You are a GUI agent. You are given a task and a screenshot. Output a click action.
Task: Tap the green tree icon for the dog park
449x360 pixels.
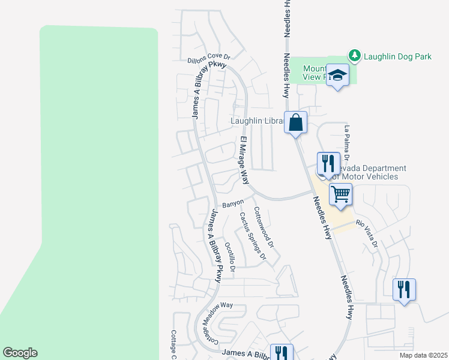point(355,56)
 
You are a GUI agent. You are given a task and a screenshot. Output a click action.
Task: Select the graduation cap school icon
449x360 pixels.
point(338,75)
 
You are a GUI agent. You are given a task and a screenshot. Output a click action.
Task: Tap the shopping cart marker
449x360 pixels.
point(340,194)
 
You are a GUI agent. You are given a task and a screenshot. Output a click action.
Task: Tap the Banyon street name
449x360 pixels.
point(233,204)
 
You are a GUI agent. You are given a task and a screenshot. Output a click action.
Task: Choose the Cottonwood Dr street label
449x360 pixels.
point(264,228)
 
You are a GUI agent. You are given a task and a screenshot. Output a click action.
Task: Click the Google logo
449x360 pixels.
point(20,353)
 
